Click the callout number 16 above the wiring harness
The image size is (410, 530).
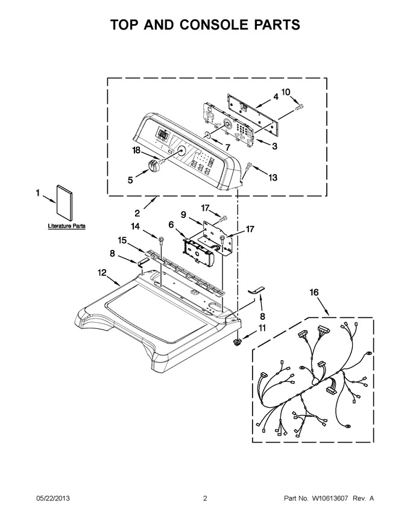click(x=314, y=292)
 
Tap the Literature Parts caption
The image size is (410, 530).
click(x=67, y=226)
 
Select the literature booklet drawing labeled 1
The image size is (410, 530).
click(x=64, y=203)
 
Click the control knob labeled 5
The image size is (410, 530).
click(x=153, y=166)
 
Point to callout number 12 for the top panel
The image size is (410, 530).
click(x=102, y=272)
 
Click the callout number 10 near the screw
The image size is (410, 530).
click(x=286, y=92)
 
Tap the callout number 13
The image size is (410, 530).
click(x=273, y=177)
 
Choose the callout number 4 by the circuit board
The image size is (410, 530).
click(x=276, y=97)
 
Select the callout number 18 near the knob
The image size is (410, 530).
click(x=136, y=150)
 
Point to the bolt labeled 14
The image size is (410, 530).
click(x=159, y=240)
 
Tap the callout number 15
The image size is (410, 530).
click(x=122, y=240)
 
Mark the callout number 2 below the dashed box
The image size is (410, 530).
click(x=137, y=213)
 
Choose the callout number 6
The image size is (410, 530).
click(x=171, y=224)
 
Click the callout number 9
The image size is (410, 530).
click(x=183, y=214)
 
